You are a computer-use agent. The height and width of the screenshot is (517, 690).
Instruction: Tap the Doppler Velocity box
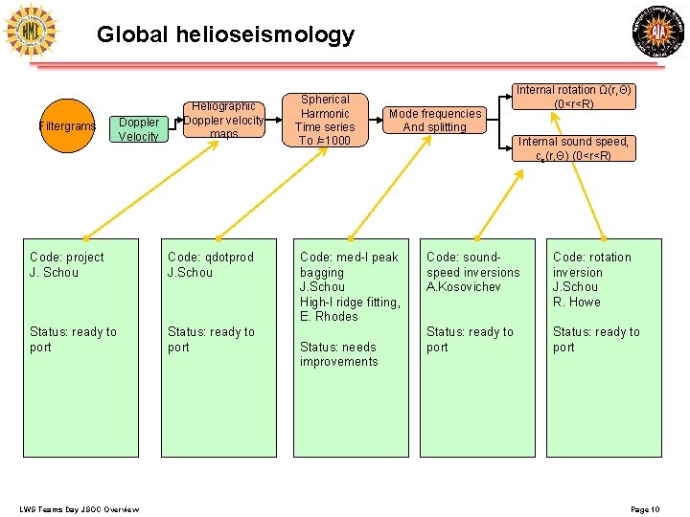138,129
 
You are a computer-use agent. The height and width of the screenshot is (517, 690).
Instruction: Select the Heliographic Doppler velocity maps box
223,121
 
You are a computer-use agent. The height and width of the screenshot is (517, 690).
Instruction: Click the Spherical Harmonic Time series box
325,120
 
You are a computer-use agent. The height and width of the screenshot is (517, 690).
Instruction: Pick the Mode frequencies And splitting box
434,120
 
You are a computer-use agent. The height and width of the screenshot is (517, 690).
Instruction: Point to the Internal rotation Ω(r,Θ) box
574,97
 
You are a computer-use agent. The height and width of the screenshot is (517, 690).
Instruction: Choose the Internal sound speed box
574,148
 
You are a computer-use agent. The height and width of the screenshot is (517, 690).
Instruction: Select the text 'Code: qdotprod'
210,257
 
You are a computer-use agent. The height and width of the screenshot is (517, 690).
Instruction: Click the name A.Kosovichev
464,287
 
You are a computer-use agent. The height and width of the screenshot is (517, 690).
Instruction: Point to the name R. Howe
576,302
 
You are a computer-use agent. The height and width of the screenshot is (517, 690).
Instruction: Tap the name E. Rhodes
328,317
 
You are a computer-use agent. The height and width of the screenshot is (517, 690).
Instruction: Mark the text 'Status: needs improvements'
338,354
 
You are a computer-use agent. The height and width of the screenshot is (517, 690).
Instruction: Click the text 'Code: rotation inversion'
591,264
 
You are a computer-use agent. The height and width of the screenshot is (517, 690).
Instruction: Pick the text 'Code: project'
66,257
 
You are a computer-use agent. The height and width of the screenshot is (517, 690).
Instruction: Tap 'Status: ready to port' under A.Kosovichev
470,339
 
